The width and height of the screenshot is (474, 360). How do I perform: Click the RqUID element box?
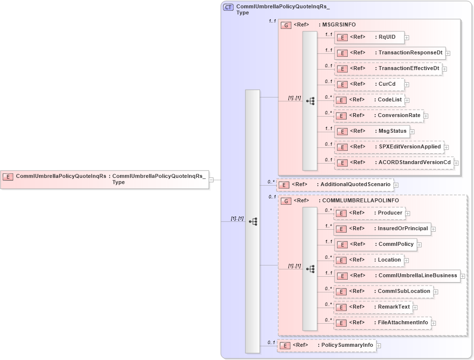click(369, 37)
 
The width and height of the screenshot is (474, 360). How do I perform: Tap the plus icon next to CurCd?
click(407, 85)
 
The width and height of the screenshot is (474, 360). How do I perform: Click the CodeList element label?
click(390, 100)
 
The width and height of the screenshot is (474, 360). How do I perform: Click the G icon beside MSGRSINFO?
click(286, 25)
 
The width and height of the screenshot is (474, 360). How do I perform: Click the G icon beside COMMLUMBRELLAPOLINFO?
click(286, 201)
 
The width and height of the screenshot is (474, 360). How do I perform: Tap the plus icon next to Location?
click(407, 261)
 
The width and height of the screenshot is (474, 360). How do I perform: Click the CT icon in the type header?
click(228, 7)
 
